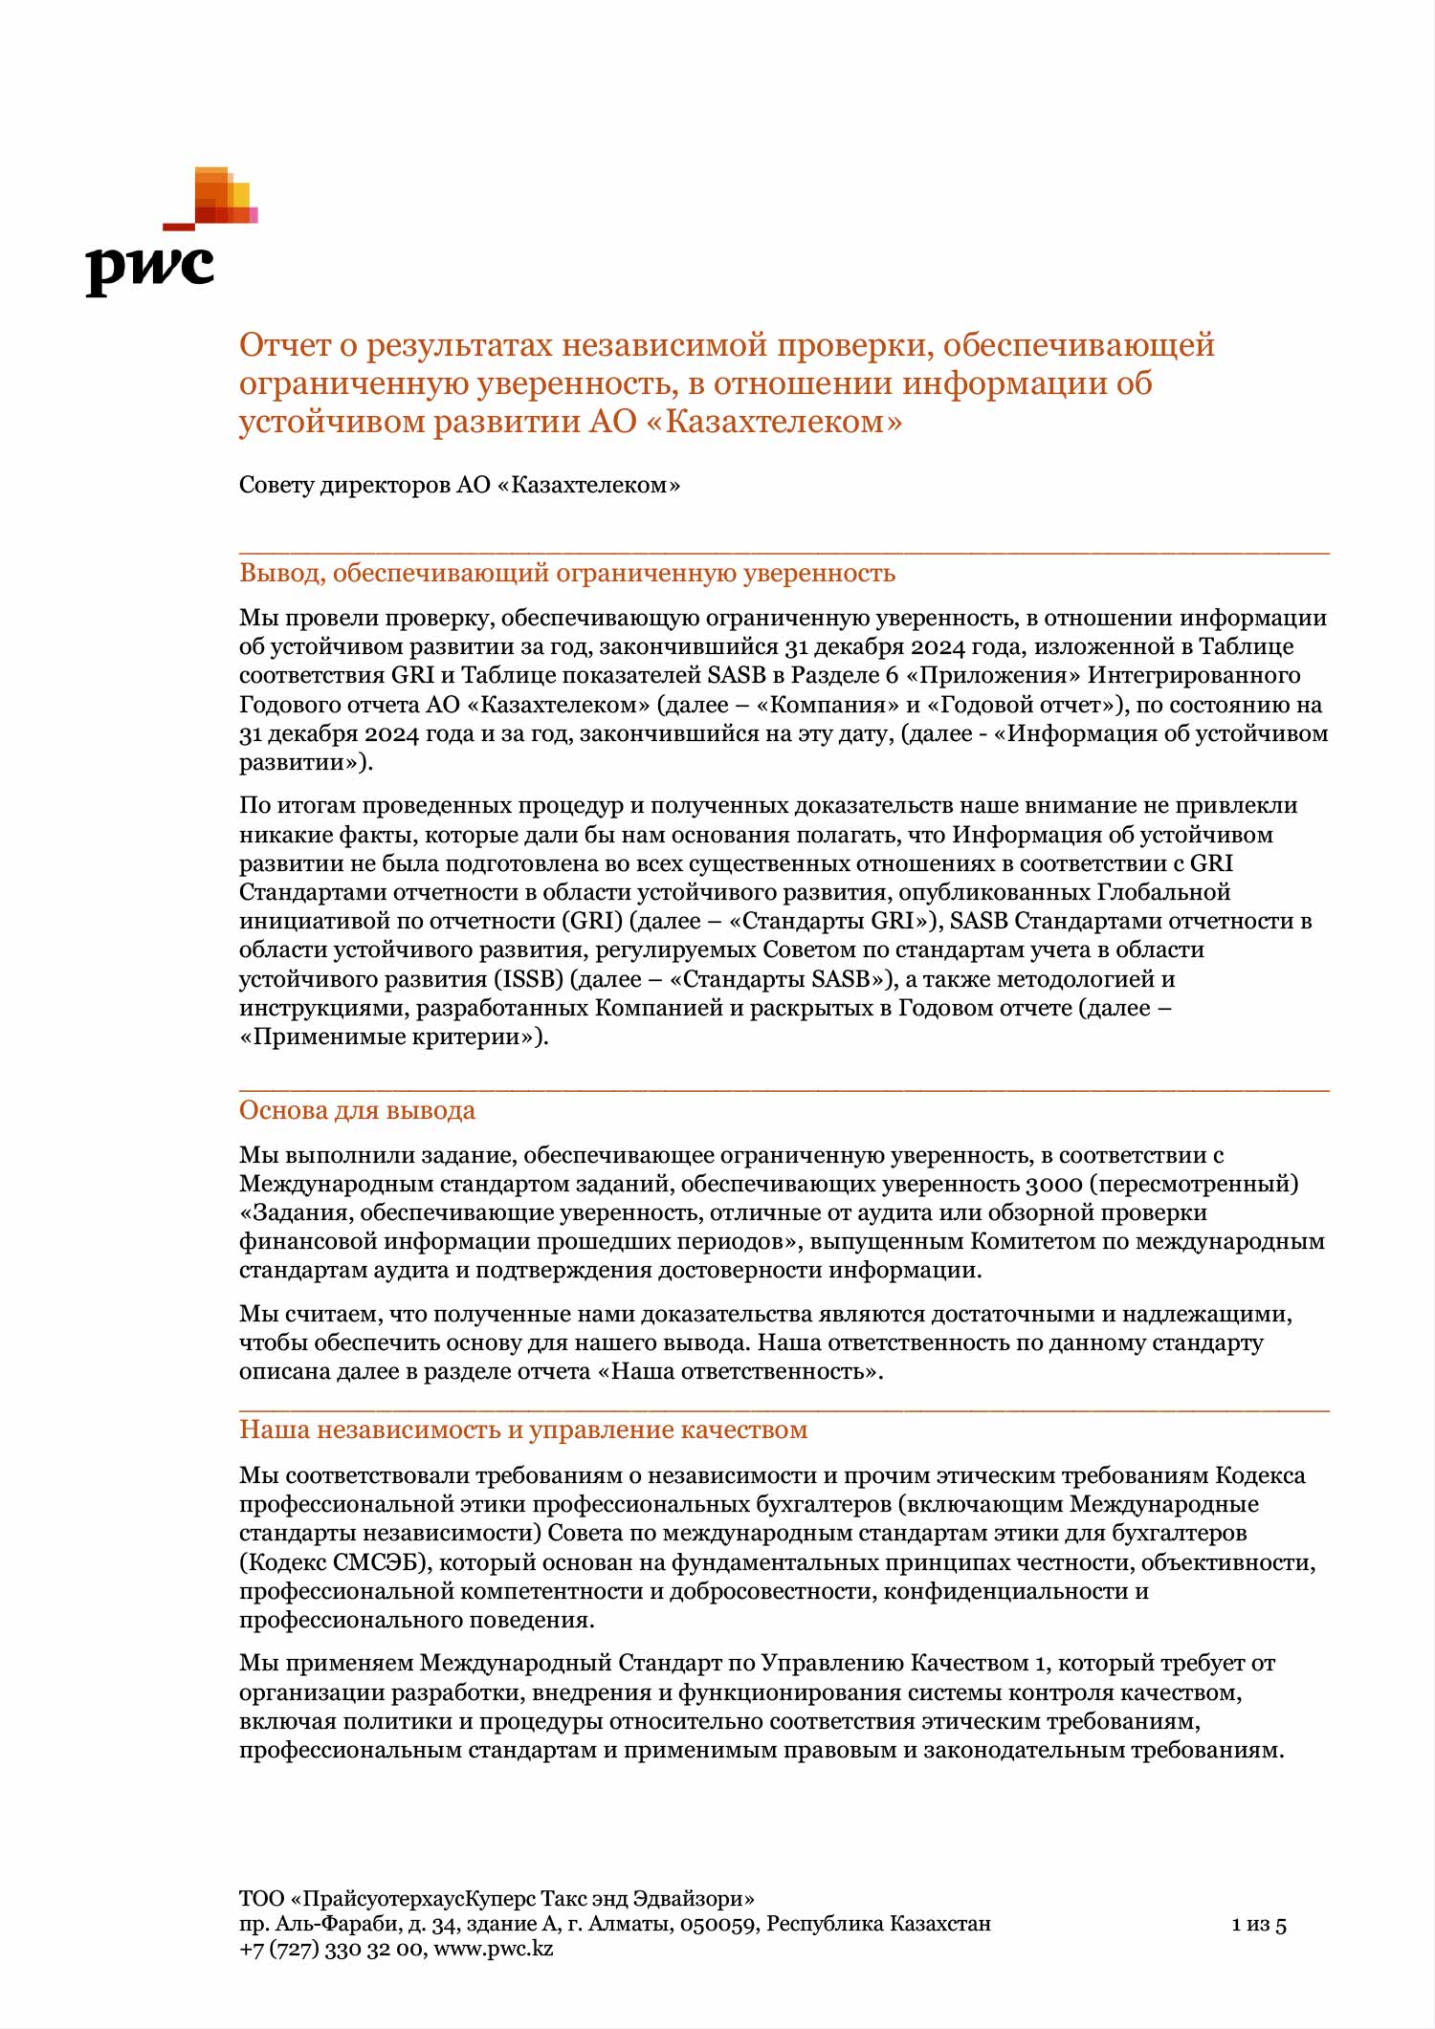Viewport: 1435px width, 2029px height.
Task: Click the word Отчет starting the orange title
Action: (283, 345)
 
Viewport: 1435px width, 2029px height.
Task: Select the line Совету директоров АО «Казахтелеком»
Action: (459, 485)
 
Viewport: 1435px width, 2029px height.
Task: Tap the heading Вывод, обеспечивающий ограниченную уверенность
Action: (566, 573)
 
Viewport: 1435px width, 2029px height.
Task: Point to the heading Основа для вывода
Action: (357, 1110)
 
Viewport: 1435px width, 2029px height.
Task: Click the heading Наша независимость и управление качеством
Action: (523, 1429)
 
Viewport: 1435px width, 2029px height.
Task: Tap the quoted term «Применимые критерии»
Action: (391, 1036)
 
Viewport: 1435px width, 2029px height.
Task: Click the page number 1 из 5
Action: (1258, 1925)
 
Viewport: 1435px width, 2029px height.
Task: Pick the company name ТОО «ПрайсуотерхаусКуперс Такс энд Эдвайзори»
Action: (497, 1899)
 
